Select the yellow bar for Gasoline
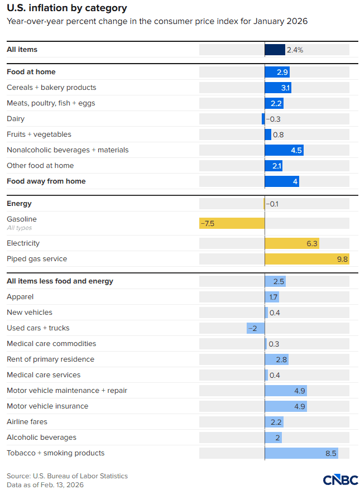pyautogui.click(x=232, y=223)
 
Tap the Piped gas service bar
pyautogui.click(x=307, y=259)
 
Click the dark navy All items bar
pyautogui.click(x=275, y=50)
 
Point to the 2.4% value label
pyautogui.click(x=295, y=50)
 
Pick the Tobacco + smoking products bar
pyautogui.click(x=301, y=453)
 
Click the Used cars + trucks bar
pyautogui.click(x=256, y=328)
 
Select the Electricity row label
pyautogui.click(x=23, y=243)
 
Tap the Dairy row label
pyautogui.click(x=16, y=119)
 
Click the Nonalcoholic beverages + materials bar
pyautogui.click(x=284, y=150)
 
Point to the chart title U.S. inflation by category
pyautogui.click(x=66, y=8)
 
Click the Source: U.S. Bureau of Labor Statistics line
pyautogui.click(x=67, y=476)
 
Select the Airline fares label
pyautogui.click(x=27, y=422)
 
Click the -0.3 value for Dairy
pyautogui.click(x=273, y=119)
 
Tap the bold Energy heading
pyautogui.click(x=19, y=204)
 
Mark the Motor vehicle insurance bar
pyautogui.click(x=286, y=406)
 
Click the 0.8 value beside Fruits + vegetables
pyautogui.click(x=279, y=134)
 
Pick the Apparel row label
pyautogui.click(x=20, y=297)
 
